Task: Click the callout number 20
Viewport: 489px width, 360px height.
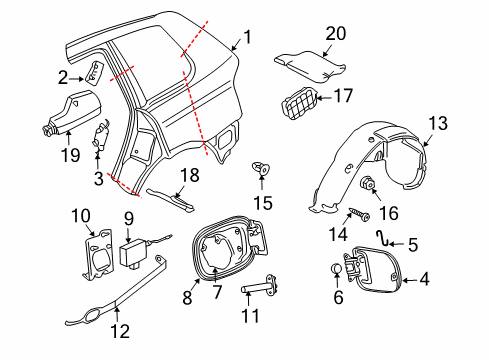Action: pyautogui.click(x=336, y=34)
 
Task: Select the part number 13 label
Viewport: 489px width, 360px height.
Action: pyautogui.click(x=438, y=123)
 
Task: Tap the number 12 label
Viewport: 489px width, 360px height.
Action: pyautogui.click(x=120, y=331)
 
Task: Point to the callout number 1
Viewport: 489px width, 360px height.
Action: pyautogui.click(x=247, y=37)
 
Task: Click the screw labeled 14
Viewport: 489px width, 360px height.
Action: pyautogui.click(x=359, y=214)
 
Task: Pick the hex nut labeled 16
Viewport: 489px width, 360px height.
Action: pyautogui.click(x=365, y=183)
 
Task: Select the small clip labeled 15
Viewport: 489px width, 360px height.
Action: pyautogui.click(x=261, y=168)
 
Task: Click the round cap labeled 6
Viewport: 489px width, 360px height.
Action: pyautogui.click(x=337, y=268)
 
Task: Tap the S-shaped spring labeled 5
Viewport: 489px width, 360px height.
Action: pyautogui.click(x=382, y=238)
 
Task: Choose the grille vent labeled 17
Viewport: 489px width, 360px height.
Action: pyautogui.click(x=299, y=102)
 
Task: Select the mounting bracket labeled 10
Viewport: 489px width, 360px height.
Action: pyautogui.click(x=98, y=254)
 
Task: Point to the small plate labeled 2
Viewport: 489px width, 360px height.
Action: pyautogui.click(x=95, y=71)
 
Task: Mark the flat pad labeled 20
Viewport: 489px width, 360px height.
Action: pyautogui.click(x=310, y=66)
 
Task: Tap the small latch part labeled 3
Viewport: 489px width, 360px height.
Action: pyautogui.click(x=101, y=134)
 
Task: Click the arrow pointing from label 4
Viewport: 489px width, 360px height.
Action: pyautogui.click(x=410, y=280)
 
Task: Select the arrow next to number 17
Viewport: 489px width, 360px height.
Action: pyautogui.click(x=323, y=98)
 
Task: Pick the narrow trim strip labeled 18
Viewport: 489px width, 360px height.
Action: pyautogui.click(x=171, y=200)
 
